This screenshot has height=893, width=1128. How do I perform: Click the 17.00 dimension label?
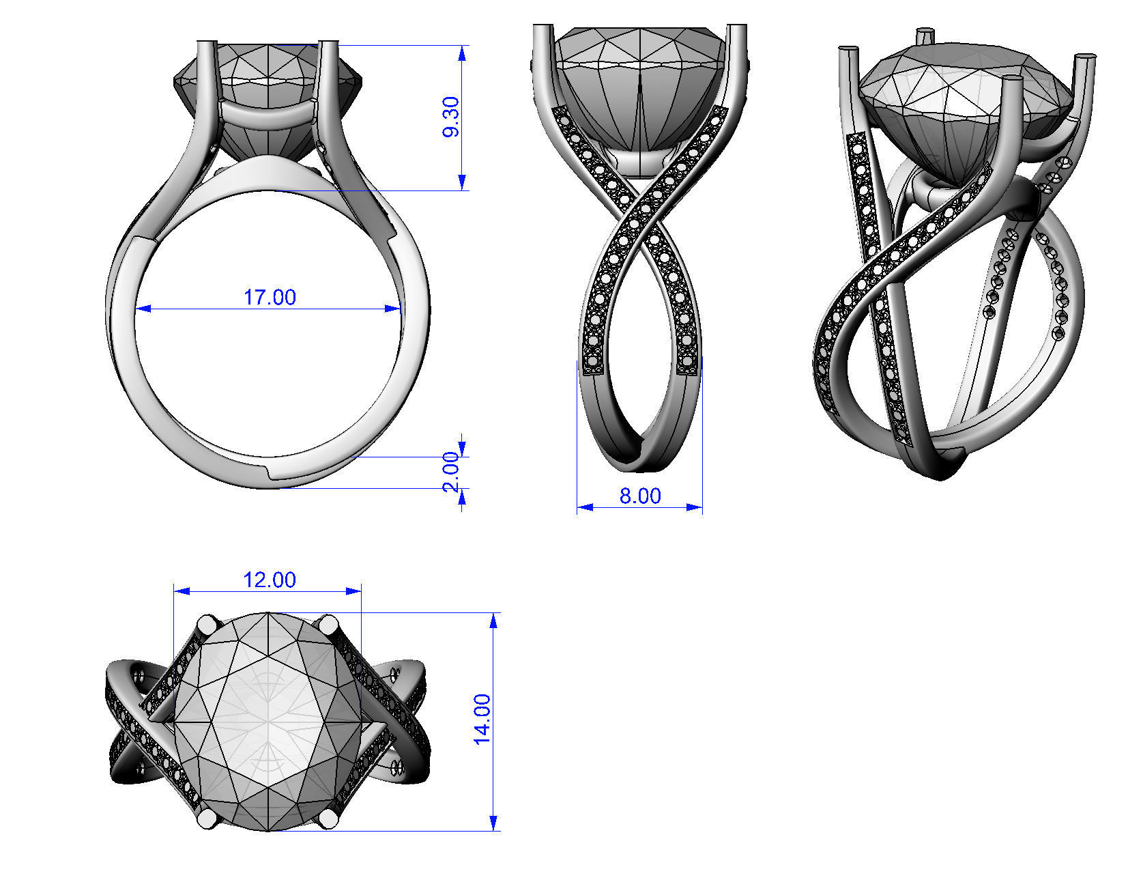pyautogui.click(x=270, y=298)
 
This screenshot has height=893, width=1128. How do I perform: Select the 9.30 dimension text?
pyautogui.click(x=451, y=117)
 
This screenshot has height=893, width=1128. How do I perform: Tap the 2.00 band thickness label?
pyautogui.click(x=451, y=472)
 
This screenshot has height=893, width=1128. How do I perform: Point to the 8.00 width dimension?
pyautogui.click(x=640, y=496)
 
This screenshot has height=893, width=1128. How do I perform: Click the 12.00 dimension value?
pyautogui.click(x=270, y=580)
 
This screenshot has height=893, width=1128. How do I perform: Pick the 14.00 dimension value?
pyautogui.click(x=482, y=719)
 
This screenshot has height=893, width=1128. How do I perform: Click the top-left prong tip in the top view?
pyautogui.click(x=207, y=624)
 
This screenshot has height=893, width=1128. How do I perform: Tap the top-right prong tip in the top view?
pyautogui.click(x=329, y=624)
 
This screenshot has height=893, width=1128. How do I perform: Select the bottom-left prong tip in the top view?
pyautogui.click(x=207, y=819)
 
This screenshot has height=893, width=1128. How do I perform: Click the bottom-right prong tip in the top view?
pyautogui.click(x=328, y=819)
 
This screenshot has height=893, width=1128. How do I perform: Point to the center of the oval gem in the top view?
pyautogui.click(x=268, y=721)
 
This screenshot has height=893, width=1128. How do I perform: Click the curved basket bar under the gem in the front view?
pyautogui.click(x=268, y=115)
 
